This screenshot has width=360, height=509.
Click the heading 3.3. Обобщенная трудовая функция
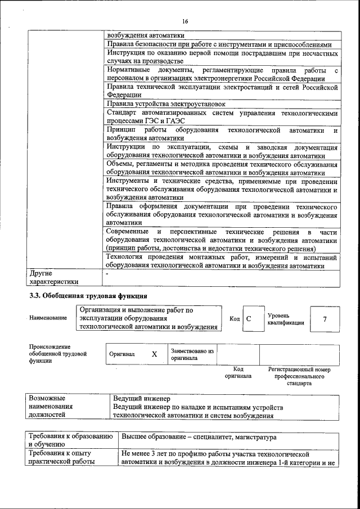click(88, 295)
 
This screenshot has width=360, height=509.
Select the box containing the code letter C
click(249, 319)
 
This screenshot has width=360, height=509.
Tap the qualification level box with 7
click(325, 319)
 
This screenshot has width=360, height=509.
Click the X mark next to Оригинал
click(154, 354)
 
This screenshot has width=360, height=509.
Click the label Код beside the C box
click(235, 319)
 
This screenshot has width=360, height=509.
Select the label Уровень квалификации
click(286, 319)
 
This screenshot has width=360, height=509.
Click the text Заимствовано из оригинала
click(192, 354)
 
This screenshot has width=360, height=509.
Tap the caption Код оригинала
click(238, 372)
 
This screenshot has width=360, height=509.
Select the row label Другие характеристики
click(53, 277)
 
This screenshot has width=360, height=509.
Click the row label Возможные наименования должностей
click(53, 407)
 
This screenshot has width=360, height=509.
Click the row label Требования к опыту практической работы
click(61, 457)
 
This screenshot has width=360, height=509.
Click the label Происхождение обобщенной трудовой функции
click(57, 354)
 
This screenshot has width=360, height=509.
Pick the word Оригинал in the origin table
click(122, 354)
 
